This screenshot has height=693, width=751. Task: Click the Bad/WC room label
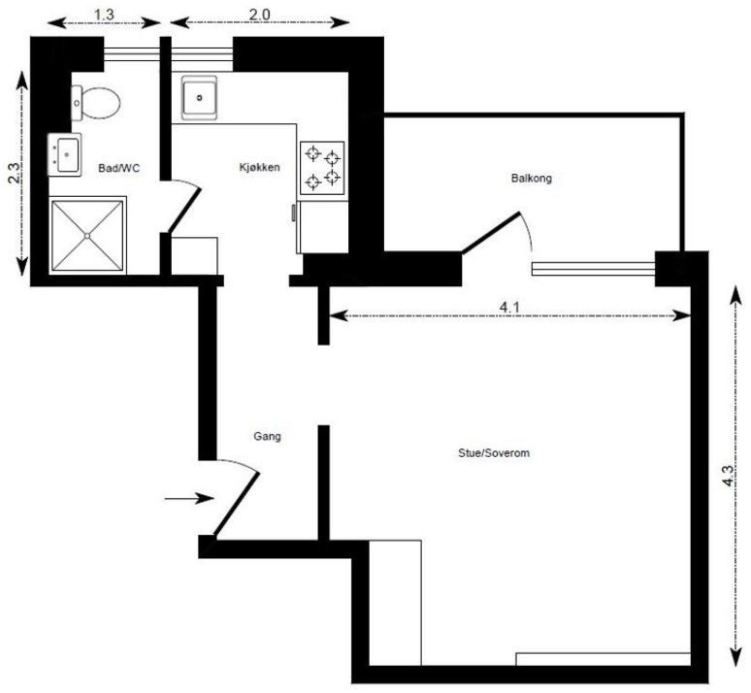coord(119,169)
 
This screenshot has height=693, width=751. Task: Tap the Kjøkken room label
coord(259,168)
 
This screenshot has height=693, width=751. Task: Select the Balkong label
coord(531,179)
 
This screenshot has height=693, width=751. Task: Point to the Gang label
coord(268,437)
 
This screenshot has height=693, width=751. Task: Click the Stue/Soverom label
coord(493,452)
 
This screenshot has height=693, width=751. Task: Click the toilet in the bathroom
coord(95,101)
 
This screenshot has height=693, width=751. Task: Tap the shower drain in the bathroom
coord(87,235)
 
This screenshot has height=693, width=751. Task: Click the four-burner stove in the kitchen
coord(322,168)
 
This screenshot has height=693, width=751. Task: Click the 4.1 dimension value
coord(507,307)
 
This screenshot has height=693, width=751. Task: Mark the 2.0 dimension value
coord(260,14)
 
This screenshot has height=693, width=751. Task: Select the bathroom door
coord(185,206)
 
